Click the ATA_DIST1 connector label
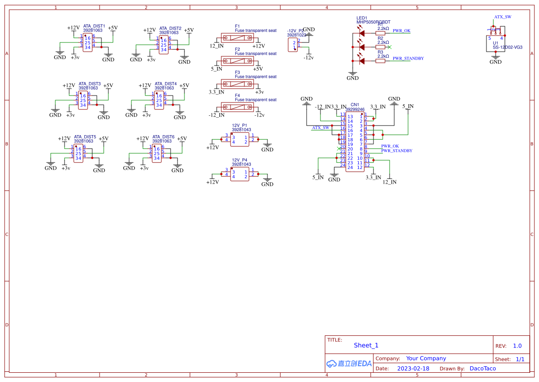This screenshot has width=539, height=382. click(x=94, y=26)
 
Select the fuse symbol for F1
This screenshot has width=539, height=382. click(x=237, y=38)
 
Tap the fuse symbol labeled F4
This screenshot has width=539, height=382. click(x=237, y=107)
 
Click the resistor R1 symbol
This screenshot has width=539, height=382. click(x=380, y=33)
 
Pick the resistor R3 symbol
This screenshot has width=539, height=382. click(x=380, y=61)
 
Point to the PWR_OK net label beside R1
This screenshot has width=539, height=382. click(x=401, y=31)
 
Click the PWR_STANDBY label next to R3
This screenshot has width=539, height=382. click(x=408, y=59)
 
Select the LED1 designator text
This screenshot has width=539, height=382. click(x=362, y=18)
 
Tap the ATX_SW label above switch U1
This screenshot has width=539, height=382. click(x=503, y=17)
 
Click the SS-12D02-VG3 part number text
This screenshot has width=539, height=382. click(x=507, y=47)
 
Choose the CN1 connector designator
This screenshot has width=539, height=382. click(x=355, y=105)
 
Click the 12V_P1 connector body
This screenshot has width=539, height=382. click(x=240, y=140)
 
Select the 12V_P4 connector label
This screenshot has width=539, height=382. click(x=239, y=160)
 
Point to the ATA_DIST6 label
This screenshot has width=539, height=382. click(x=163, y=137)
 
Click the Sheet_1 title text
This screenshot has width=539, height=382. click(x=366, y=345)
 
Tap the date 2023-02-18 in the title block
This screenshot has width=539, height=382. click(x=413, y=369)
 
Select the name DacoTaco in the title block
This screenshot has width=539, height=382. click(x=483, y=369)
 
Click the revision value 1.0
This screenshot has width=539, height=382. click(x=517, y=346)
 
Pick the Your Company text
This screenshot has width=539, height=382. click(x=426, y=358)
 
